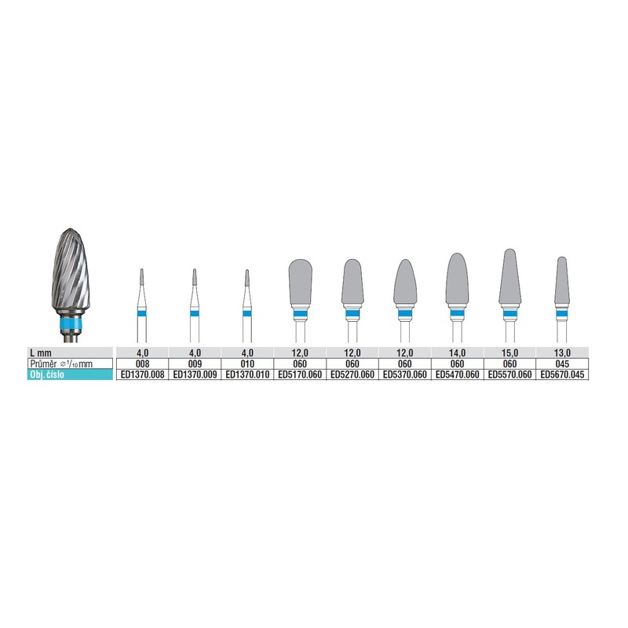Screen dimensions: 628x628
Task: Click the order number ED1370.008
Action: coord(142,374)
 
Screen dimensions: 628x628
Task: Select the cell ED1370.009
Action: coord(195,374)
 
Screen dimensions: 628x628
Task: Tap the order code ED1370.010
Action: coord(247,374)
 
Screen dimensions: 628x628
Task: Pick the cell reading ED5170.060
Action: coord(300,374)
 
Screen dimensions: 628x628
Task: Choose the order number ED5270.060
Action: coord(352,374)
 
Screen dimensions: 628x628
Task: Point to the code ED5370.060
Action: coord(405,374)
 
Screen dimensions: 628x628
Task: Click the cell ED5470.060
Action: coord(458,374)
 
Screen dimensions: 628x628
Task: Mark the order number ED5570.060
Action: coord(509,374)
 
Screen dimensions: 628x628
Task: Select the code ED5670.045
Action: coord(562,374)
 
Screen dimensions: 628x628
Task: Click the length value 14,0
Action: coord(458,352)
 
